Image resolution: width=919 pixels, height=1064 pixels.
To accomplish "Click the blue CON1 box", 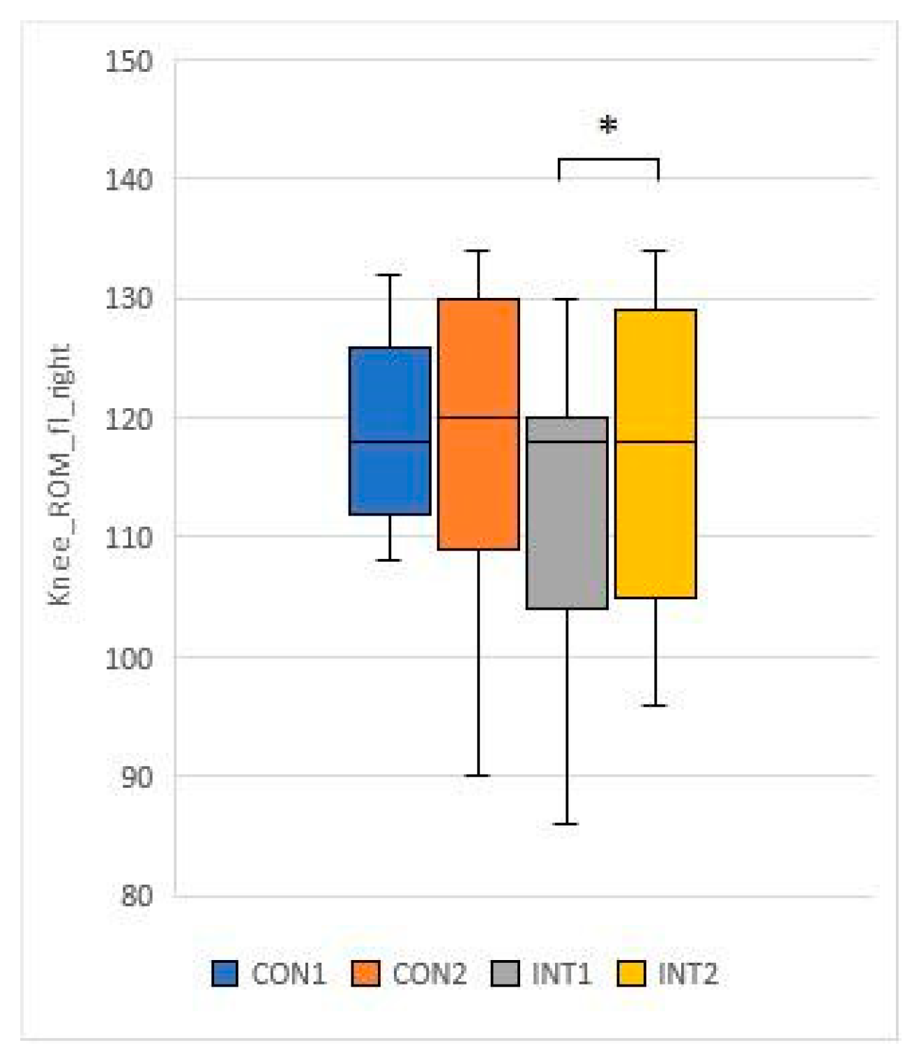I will pyautogui.click(x=390, y=430).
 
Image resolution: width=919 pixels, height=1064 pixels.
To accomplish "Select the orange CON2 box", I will pyautogui.click(x=478, y=424).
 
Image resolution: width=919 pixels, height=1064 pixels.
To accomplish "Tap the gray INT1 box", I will pyautogui.click(x=567, y=513).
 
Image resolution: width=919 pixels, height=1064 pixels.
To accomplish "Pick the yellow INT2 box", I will pyautogui.click(x=655, y=454).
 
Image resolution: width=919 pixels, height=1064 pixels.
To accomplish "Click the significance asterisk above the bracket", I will pyautogui.click(x=609, y=126).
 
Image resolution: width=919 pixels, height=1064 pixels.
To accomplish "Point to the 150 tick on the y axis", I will pyautogui.click(x=129, y=61).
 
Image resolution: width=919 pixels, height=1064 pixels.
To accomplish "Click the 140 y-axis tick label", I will pyautogui.click(x=129, y=180).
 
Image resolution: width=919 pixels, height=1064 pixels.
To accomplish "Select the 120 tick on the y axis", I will pyautogui.click(x=129, y=419).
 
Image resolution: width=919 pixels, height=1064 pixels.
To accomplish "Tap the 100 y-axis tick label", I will pyautogui.click(x=129, y=658).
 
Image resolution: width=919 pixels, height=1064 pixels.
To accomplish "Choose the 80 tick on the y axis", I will pyautogui.click(x=136, y=896).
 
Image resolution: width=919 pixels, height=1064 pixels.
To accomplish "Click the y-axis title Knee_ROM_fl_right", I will pyautogui.click(x=60, y=474).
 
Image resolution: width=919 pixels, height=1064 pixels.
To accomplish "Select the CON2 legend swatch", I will pyautogui.click(x=366, y=974).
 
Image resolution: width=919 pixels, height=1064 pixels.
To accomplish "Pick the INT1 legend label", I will pyautogui.click(x=561, y=974).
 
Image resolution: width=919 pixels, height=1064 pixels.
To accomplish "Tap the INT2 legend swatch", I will pyautogui.click(x=632, y=974).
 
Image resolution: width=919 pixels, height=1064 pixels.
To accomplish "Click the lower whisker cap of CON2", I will pyautogui.click(x=478, y=775).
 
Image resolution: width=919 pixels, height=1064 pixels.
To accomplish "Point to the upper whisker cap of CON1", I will pyautogui.click(x=390, y=275).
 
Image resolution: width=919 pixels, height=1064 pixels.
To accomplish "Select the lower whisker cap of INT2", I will pyautogui.click(x=655, y=705).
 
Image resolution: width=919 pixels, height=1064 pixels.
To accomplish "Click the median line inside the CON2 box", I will pyautogui.click(x=478, y=417).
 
